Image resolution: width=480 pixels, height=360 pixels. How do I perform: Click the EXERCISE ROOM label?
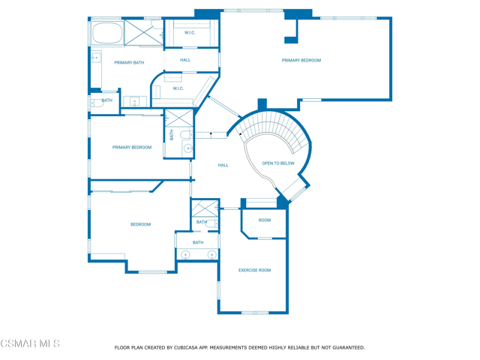tap(255, 270)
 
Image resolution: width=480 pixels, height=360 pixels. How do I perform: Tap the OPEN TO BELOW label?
tap(278, 163)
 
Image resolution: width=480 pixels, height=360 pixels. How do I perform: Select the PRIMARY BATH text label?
tap(129, 63)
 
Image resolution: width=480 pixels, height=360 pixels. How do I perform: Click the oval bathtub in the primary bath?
tap(106, 33)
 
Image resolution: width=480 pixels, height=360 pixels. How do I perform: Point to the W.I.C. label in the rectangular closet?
tap(190, 33)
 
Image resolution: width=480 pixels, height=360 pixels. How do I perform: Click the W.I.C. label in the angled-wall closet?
tap(178, 88)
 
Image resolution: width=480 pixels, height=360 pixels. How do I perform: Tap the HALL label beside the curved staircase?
tap(223, 165)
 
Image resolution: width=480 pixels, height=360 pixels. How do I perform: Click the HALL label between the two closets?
tap(185, 60)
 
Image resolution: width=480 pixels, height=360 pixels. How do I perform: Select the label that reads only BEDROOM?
tap(141, 224)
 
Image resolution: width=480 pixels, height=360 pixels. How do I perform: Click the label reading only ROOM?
tap(265, 220)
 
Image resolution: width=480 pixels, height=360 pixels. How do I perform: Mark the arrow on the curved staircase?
tap(241, 133)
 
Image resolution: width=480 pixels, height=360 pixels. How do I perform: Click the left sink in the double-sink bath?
tap(185, 255)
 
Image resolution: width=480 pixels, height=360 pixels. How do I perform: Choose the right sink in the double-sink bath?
tap(211, 255)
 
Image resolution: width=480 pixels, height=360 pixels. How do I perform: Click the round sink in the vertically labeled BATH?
tap(188, 148)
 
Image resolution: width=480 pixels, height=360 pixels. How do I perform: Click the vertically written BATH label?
tap(172, 135)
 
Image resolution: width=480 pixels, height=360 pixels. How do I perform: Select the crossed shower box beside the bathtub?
tap(143, 33)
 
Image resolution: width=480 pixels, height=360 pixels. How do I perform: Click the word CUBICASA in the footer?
tap(186, 348)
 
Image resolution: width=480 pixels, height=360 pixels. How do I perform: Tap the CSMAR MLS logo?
tap(30, 343)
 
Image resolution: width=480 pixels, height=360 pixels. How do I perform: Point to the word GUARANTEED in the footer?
tap(349, 348)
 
